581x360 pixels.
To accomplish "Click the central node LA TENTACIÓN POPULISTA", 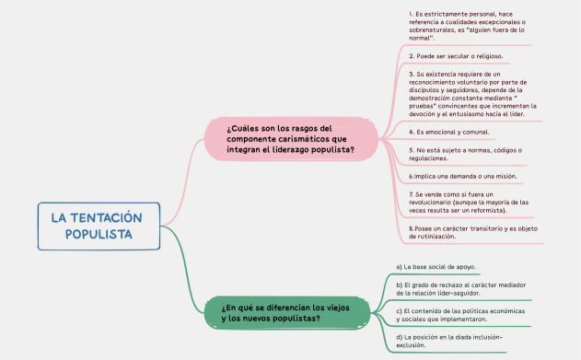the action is (x=99, y=226).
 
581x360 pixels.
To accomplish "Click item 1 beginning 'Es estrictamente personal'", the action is (x=467, y=26).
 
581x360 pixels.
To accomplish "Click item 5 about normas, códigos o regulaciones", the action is (x=465, y=154).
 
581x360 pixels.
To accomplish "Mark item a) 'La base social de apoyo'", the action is (x=436, y=266).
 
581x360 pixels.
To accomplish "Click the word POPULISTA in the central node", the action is (x=99, y=235).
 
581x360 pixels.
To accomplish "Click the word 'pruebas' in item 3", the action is (x=424, y=106).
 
